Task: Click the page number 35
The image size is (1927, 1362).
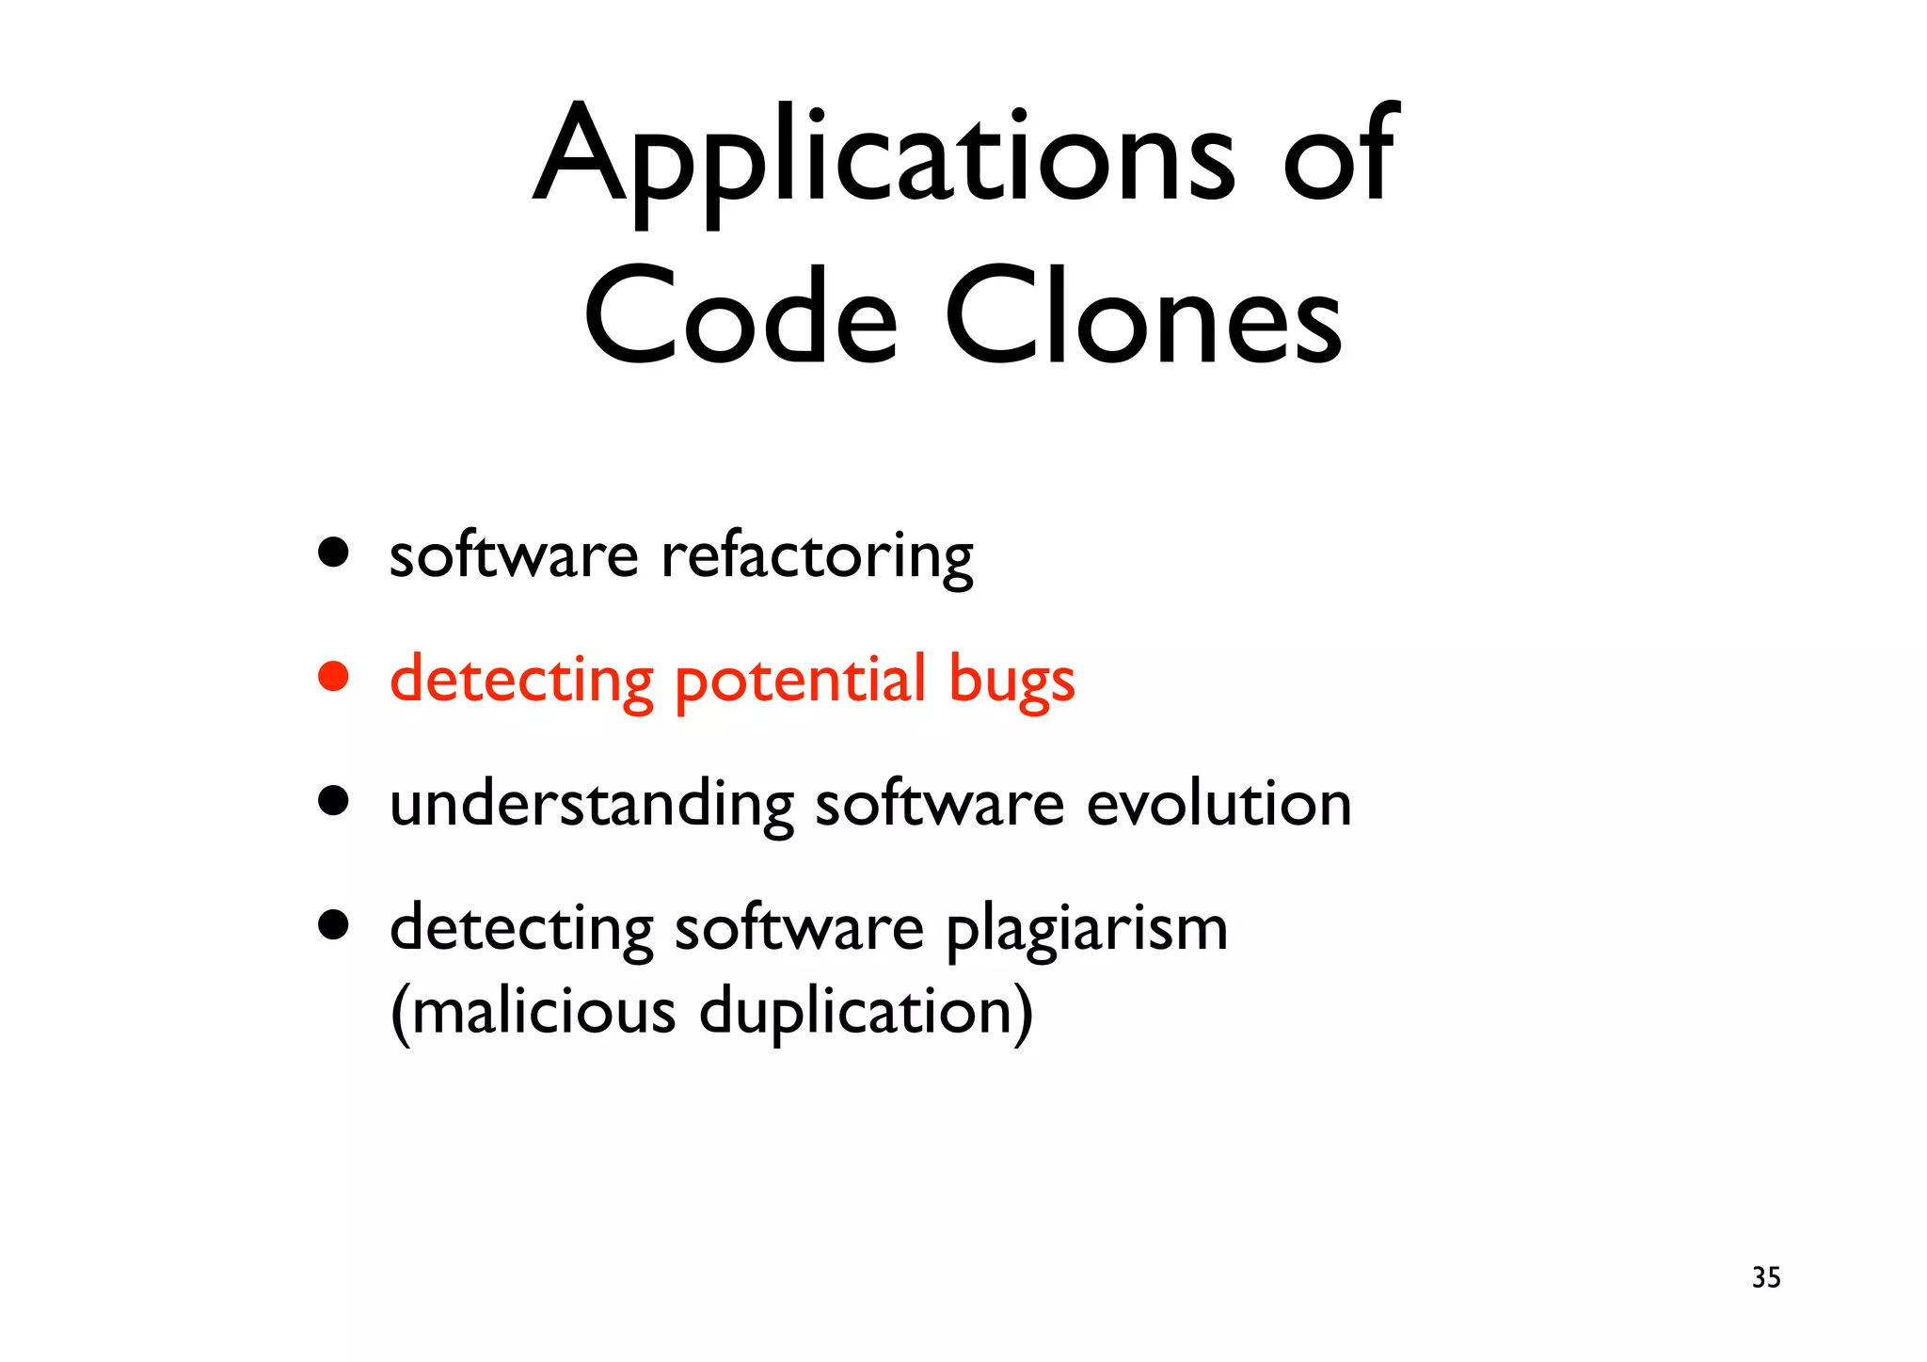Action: click(1766, 1277)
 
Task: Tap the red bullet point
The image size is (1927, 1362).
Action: click(333, 676)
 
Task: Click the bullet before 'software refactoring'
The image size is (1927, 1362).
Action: click(333, 553)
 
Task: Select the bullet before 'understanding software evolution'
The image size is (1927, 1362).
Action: click(333, 801)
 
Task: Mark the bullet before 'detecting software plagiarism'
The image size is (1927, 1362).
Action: click(333, 925)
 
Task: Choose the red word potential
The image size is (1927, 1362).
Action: click(800, 681)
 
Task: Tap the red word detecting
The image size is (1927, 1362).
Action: click(521, 681)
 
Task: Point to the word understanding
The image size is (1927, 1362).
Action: click(592, 806)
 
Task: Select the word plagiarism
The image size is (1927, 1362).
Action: click(1087, 930)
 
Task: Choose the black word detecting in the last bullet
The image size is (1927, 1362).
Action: click(521, 930)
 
